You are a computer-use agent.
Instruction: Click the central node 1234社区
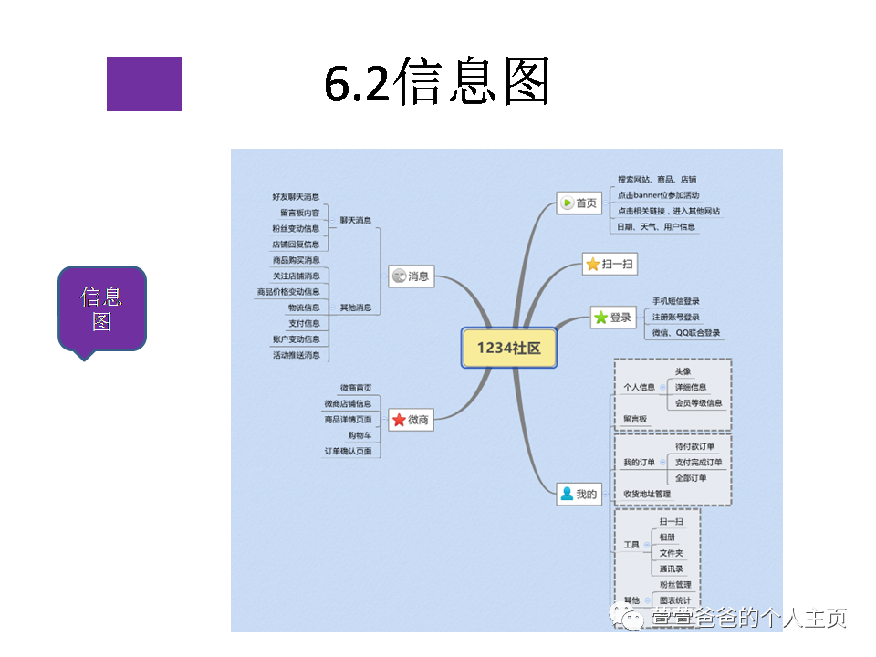(x=508, y=348)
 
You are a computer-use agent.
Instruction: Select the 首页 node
(x=579, y=203)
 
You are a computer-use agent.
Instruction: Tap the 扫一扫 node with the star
(x=610, y=265)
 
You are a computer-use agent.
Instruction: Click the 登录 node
(x=612, y=318)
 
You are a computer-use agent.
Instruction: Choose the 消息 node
(x=411, y=276)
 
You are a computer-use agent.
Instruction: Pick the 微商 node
(x=411, y=420)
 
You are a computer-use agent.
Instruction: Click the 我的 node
(x=579, y=495)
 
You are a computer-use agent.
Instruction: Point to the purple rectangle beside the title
(x=144, y=84)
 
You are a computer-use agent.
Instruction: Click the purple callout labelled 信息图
(x=101, y=308)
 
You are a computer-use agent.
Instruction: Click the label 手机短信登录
(x=676, y=301)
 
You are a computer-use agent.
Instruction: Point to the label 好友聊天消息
(x=296, y=196)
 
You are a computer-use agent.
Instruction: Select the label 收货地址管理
(x=647, y=494)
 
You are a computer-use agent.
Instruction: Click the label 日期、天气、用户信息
(x=656, y=226)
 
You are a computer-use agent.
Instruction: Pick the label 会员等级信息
(x=698, y=402)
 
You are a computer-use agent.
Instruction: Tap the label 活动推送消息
(x=296, y=355)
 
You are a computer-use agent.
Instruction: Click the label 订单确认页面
(x=348, y=451)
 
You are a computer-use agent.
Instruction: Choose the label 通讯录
(x=672, y=568)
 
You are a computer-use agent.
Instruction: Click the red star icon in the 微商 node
(x=399, y=420)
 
